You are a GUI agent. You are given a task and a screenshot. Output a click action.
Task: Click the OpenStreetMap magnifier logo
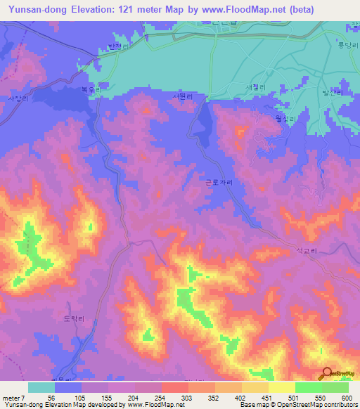pyautogui.click(x=326, y=373)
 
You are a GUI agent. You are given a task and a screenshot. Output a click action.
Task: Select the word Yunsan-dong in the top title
pyautogui.click(x=35, y=10)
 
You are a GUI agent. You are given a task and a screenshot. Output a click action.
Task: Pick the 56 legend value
pyautogui.click(x=51, y=397)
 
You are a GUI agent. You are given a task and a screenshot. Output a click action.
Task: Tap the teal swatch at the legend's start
pyautogui.click(x=41, y=387)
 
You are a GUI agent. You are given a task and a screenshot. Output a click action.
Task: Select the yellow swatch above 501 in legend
pyautogui.click(x=281, y=387)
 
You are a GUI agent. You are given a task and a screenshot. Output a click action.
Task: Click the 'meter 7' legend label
pyautogui.click(x=15, y=397)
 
